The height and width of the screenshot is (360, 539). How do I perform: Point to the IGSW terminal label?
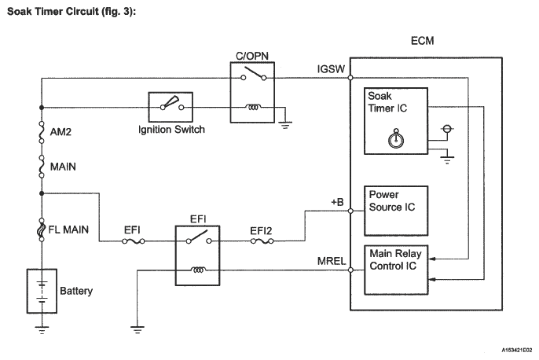pos(329,68)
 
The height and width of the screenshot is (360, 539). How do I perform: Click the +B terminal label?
pos(337,201)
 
